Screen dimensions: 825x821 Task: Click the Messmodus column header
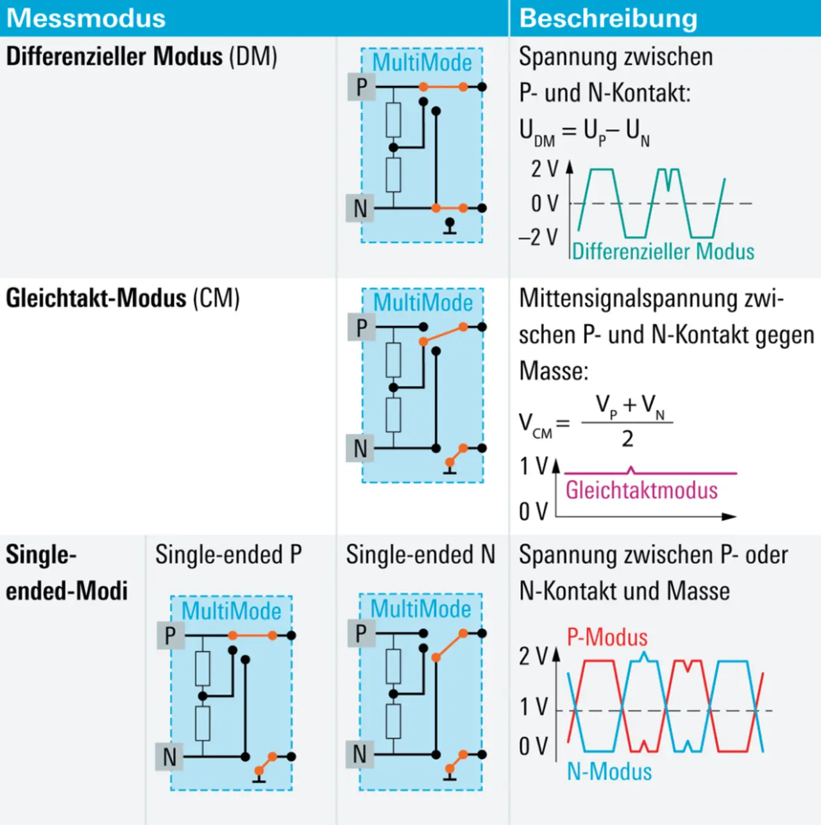pos(86,18)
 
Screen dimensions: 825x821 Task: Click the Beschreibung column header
pos(608,18)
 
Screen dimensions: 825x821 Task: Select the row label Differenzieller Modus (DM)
pos(141,56)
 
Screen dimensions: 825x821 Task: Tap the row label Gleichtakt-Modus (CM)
pos(123,298)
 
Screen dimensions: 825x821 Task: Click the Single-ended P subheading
pos(228,555)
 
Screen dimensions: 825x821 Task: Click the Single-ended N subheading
pos(420,555)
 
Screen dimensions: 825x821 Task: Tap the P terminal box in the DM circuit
pos(361,87)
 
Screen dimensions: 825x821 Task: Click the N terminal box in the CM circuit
pos(360,448)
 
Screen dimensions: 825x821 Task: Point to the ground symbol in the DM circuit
pos(450,226)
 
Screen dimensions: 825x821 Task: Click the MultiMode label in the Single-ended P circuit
pos(231,611)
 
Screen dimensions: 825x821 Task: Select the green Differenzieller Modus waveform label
pos(663,251)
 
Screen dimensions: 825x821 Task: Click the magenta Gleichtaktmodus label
pos(641,490)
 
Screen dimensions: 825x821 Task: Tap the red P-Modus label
pos(607,637)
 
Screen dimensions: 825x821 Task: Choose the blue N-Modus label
pos(609,771)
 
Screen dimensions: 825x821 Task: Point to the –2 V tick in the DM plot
pos(538,237)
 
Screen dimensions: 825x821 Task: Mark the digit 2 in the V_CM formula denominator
pos(627,439)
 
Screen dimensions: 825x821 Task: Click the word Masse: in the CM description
pos(553,371)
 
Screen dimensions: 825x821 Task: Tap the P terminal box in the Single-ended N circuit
pos(361,633)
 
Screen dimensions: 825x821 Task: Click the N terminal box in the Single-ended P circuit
pos(170,757)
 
